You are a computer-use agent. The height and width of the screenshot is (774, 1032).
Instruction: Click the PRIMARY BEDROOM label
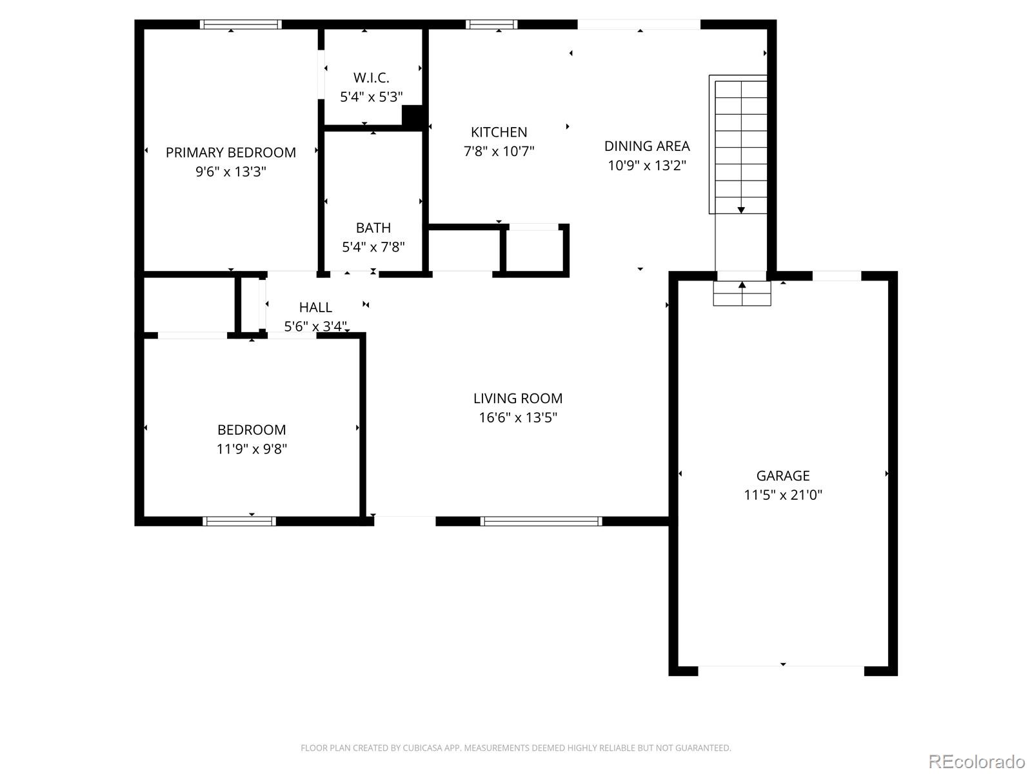click(230, 153)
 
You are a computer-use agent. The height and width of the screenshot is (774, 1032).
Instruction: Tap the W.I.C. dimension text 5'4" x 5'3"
click(371, 97)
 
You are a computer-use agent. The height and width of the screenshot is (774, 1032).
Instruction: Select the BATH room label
click(373, 228)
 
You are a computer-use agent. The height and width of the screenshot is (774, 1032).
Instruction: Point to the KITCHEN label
click(499, 132)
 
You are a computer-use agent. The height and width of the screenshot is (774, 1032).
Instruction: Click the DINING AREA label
click(646, 146)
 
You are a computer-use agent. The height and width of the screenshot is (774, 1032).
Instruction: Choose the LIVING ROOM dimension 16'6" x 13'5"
click(517, 417)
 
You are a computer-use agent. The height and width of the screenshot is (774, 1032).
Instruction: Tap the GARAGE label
click(782, 476)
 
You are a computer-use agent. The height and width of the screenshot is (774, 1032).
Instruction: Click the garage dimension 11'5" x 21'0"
click(782, 495)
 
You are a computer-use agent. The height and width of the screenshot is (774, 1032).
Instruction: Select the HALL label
click(315, 308)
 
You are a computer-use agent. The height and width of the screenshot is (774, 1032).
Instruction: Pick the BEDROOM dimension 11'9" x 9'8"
click(251, 449)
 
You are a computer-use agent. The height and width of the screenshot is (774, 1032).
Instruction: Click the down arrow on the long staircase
click(741, 209)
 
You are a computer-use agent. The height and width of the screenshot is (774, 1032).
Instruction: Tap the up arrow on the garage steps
click(742, 285)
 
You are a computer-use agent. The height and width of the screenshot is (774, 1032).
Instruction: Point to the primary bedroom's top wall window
click(241, 25)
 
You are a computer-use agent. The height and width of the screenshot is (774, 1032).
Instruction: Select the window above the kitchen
click(491, 25)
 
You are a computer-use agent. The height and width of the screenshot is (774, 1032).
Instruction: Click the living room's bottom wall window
click(541, 521)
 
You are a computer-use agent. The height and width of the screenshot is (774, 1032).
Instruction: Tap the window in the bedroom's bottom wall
click(239, 521)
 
